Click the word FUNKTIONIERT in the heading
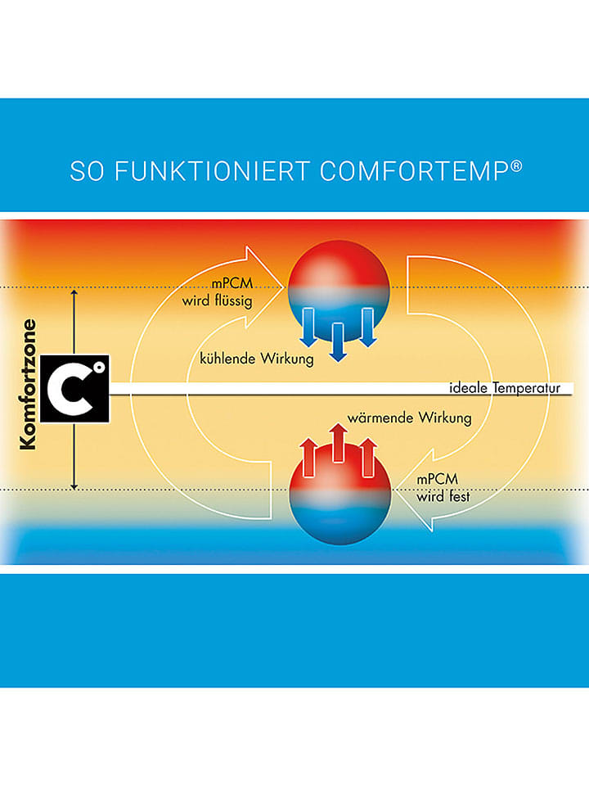(x=211, y=171)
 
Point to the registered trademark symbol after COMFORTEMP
(x=516, y=166)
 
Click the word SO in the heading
(x=88, y=171)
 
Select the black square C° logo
(x=74, y=389)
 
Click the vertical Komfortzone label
(x=28, y=385)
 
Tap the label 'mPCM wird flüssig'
(x=218, y=292)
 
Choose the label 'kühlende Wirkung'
(x=256, y=359)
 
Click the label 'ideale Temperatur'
(x=505, y=388)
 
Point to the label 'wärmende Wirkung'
(x=409, y=418)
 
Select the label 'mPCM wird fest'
(x=443, y=488)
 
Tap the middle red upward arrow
(x=339, y=443)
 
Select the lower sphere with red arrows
(x=339, y=493)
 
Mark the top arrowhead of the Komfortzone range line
(x=74, y=292)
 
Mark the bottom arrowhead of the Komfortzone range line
(x=74, y=486)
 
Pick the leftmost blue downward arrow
(x=308, y=327)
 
